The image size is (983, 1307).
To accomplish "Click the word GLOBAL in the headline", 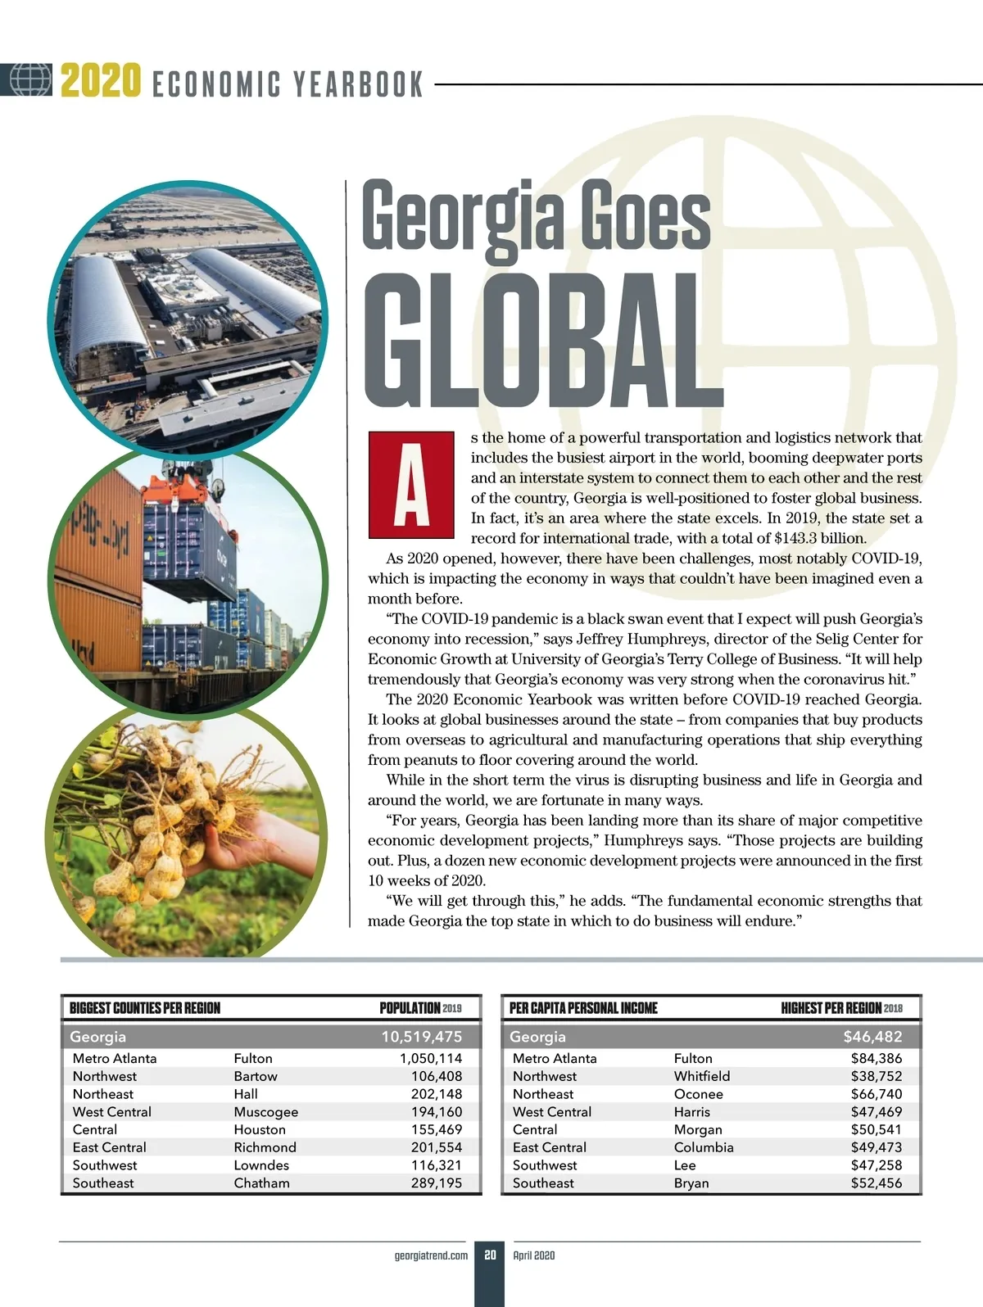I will [x=541, y=341].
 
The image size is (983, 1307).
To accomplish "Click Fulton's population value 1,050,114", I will [x=431, y=1058].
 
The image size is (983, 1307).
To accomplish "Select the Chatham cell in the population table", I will [x=261, y=1183].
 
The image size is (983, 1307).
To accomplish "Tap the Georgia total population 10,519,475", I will [x=421, y=1037].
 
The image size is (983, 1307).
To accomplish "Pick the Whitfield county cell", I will [x=701, y=1076].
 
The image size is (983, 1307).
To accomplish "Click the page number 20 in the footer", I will [x=490, y=1255].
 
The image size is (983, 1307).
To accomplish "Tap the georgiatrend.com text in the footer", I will [x=431, y=1255].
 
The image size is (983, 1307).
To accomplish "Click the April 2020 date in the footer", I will [x=534, y=1255].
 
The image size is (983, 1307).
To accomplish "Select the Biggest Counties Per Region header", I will [x=145, y=1008].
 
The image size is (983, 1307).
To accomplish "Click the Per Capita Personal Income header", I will [x=583, y=1008].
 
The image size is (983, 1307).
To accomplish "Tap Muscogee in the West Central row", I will [x=265, y=1112].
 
